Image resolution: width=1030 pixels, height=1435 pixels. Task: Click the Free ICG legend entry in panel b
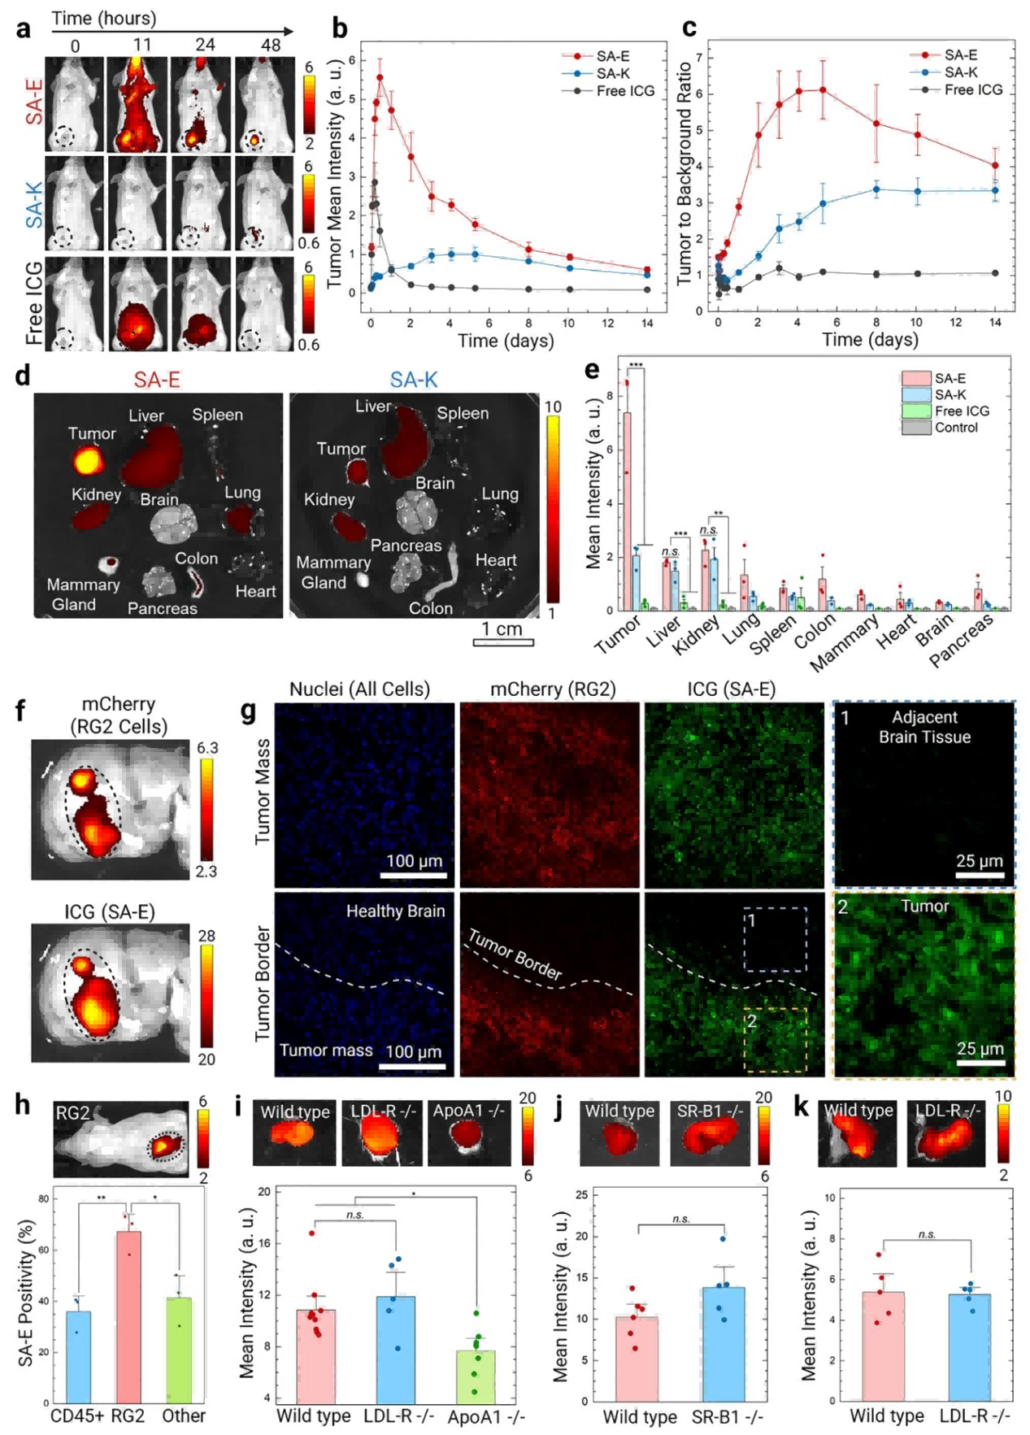tap(624, 90)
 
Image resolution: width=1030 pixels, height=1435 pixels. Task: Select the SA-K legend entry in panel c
tap(960, 72)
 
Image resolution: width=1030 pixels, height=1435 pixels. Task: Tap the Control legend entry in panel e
tap(955, 428)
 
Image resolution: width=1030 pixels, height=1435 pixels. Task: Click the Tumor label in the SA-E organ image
tap(92, 433)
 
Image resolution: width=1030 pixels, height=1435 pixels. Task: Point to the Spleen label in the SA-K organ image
tap(463, 413)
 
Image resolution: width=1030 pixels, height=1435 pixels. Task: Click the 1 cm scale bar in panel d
tap(503, 641)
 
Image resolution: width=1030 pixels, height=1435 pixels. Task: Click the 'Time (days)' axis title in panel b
tap(505, 340)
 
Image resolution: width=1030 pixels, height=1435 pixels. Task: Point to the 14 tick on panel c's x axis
tap(995, 322)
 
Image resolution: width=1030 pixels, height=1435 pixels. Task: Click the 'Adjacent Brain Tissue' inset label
tap(924, 727)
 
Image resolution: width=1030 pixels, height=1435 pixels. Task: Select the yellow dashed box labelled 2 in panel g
tap(775, 1039)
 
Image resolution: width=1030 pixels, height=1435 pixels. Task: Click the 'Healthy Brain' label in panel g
tap(395, 911)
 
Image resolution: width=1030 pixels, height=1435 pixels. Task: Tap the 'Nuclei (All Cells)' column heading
tap(359, 689)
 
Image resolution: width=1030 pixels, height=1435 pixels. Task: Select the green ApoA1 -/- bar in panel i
tap(476, 1376)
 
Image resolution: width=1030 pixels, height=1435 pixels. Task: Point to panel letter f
tap(20, 710)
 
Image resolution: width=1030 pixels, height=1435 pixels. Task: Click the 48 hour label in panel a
tap(271, 46)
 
